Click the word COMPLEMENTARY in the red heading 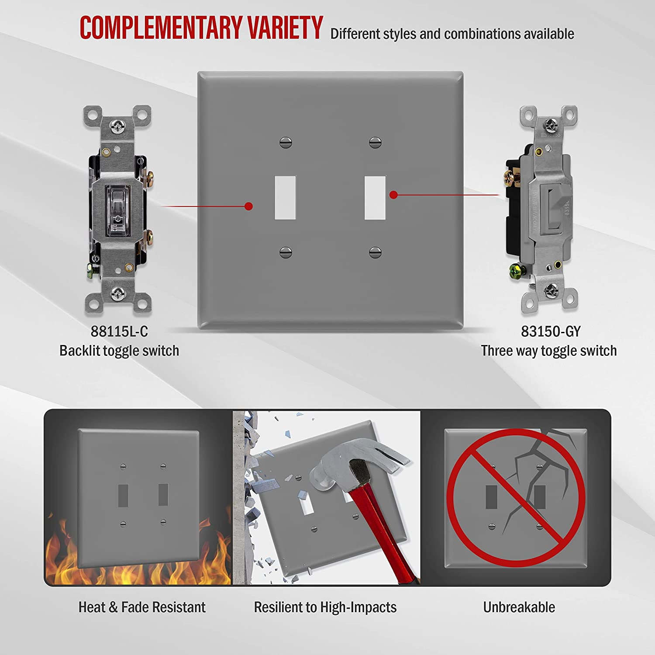coord(161,28)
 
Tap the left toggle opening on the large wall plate coord(285,197)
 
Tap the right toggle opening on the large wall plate coord(375,197)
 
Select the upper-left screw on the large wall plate coord(285,142)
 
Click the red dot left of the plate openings coord(249,206)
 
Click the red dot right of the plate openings coord(393,195)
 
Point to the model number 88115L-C coord(119,331)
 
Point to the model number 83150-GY coord(551,331)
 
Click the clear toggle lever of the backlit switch coord(118,206)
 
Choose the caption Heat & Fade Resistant coord(142,607)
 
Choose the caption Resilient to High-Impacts coord(325,607)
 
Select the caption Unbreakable coord(519,607)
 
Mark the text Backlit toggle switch coord(119,351)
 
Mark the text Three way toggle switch coord(549,351)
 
